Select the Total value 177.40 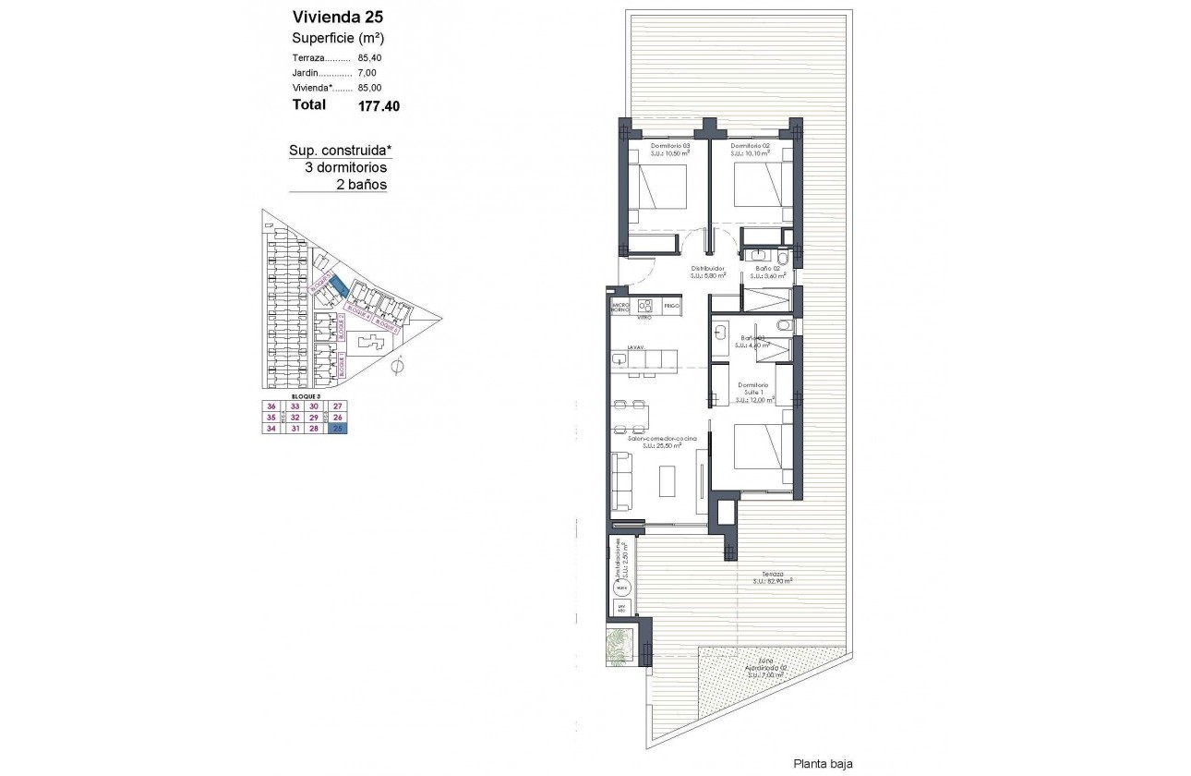(x=379, y=105)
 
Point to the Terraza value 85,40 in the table (x=369, y=58)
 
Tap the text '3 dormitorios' (x=345, y=168)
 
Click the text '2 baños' (x=361, y=185)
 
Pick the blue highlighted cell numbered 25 (x=339, y=428)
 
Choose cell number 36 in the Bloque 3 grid (x=271, y=406)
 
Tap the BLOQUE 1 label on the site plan (x=341, y=368)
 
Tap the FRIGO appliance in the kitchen (x=671, y=305)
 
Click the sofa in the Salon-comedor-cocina (x=622, y=480)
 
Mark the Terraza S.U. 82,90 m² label (x=773, y=577)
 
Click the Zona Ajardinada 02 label (x=765, y=667)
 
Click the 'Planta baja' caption (x=823, y=764)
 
